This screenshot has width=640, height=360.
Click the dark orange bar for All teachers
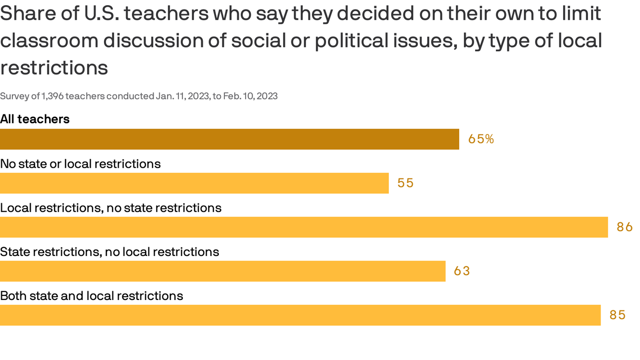coord(230,139)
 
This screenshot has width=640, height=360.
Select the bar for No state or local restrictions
coord(194,183)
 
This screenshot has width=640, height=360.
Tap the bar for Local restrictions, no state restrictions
coord(304,227)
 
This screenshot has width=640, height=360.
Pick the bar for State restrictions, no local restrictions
coord(223,271)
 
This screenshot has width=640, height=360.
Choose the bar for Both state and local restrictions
coord(300,315)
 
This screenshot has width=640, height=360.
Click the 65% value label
coord(481,139)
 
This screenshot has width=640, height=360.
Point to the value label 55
coord(405,183)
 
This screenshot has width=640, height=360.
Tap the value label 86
coord(625,227)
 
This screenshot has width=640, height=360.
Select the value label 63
coord(461,271)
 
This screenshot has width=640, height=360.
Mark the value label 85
coord(618,315)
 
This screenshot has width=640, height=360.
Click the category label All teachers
coord(35,119)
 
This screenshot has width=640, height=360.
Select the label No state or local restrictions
coord(80,164)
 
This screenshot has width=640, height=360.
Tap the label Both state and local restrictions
coord(91,296)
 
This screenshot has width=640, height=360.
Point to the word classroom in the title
coord(49,41)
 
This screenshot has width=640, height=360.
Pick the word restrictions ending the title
coord(54,68)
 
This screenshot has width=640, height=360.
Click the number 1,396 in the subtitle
coord(52,96)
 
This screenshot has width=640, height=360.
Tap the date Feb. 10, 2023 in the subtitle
coord(250,96)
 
